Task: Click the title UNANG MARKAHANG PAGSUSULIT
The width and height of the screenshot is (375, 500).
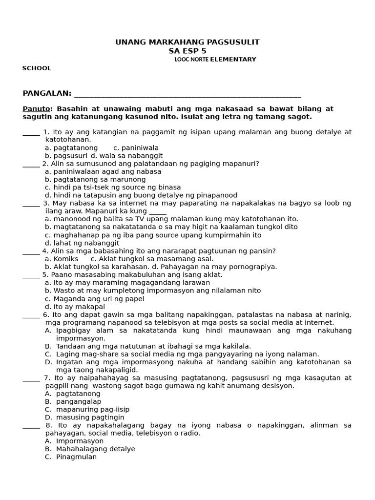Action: pyautogui.click(x=187, y=42)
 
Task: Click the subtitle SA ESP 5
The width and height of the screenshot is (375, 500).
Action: pyautogui.click(x=187, y=51)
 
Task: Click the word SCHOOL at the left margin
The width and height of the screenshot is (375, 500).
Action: pyautogui.click(x=37, y=68)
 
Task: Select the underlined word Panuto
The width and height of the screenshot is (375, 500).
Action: pyautogui.click(x=36, y=108)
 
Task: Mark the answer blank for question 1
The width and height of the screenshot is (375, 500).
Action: pyautogui.click(x=31, y=132)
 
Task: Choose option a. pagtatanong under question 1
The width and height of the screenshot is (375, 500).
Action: pyautogui.click(x=71, y=148)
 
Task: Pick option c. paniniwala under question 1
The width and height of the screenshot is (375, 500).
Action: pyautogui.click(x=136, y=148)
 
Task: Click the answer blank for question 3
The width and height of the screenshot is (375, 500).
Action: pyautogui.click(x=31, y=204)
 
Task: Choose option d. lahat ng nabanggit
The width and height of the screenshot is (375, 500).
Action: pyautogui.click(x=82, y=243)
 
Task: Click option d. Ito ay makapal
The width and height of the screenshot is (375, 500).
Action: pyautogui.click(x=70, y=306)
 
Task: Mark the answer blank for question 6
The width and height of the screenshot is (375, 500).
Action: pyautogui.click(x=31, y=315)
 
